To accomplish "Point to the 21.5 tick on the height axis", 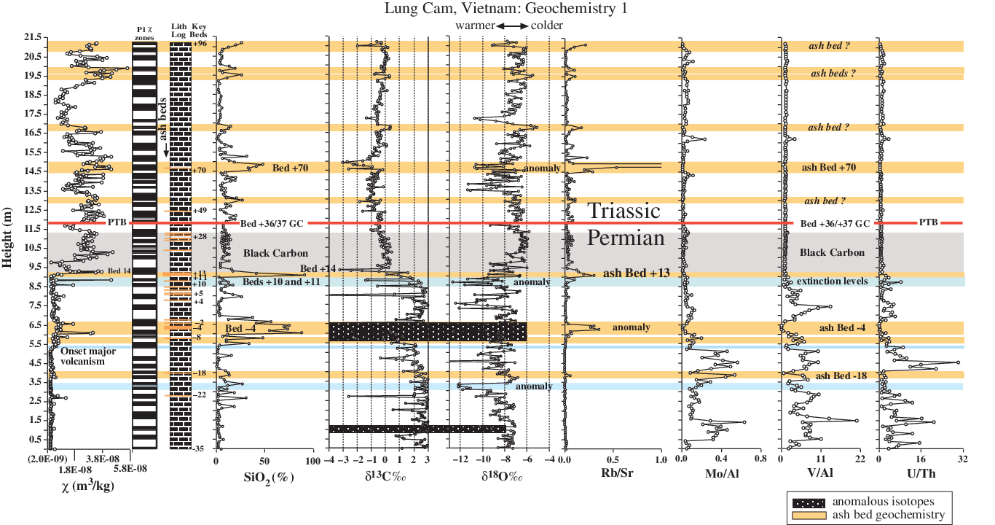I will tap(31, 37).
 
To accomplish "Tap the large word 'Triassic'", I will tap(624, 211).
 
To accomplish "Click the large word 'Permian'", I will tap(626, 238).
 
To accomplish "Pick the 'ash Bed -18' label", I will tap(840, 376).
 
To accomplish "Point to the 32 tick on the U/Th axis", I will tap(963, 461).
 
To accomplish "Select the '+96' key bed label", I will tap(200, 44).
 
